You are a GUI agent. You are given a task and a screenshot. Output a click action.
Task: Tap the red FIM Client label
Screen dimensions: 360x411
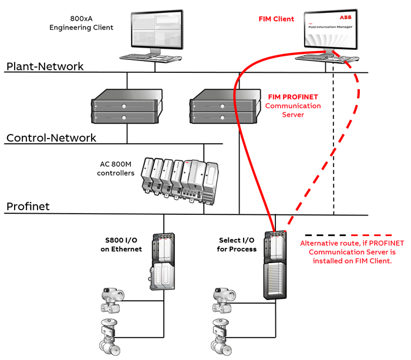pos(276,19)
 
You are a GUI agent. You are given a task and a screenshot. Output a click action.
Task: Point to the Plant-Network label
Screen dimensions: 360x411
pos(45,66)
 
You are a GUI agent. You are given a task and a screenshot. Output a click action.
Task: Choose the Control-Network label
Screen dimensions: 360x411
pos(51,138)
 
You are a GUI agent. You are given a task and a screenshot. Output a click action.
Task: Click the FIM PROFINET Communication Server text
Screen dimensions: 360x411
pos(294,106)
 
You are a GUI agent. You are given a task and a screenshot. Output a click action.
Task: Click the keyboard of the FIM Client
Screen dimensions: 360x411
pos(326,57)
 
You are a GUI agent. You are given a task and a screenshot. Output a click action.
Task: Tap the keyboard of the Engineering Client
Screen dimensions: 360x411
pos(150,57)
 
